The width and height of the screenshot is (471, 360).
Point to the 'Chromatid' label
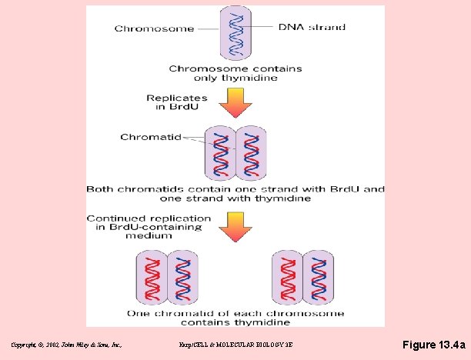point(151,138)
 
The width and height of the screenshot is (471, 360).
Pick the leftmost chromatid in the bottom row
point(152,277)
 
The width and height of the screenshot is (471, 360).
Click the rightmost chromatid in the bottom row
point(317,277)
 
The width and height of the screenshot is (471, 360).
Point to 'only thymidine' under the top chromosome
point(235,78)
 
